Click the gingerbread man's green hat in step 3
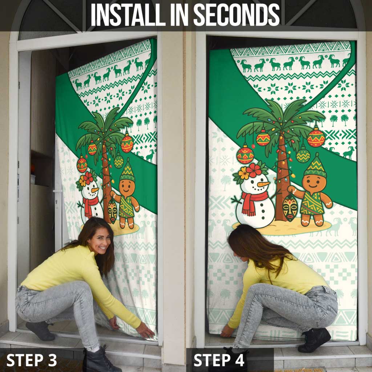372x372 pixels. coord(127,171)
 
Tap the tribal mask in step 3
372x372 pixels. coord(113,211)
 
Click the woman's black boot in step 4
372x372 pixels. coord(314,340)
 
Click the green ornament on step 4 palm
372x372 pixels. coord(303,155)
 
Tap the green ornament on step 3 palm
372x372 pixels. coord(119,161)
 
